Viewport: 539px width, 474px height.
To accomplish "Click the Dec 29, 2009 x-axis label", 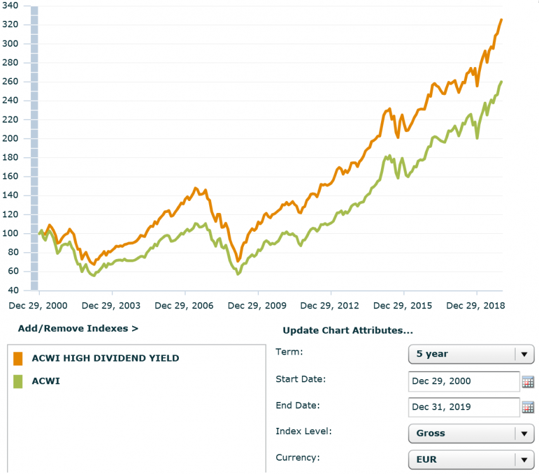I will pyautogui.click(x=257, y=306).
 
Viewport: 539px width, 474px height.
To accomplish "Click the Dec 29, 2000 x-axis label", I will pyautogui.click(x=38, y=306).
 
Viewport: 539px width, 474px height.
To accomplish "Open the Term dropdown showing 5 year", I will pyautogui.click(x=471, y=354).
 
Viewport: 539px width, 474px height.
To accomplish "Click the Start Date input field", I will pyautogui.click(x=464, y=381).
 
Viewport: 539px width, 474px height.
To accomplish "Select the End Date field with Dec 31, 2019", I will pyautogui.click(x=464, y=407).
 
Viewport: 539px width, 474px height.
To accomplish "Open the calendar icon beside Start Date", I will pyautogui.click(x=528, y=381).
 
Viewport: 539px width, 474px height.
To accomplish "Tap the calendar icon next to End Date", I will pyautogui.click(x=528, y=407).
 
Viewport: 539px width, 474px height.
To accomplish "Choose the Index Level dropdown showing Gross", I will pyautogui.click(x=471, y=434).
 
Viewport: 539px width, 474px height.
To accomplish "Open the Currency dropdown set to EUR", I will pyautogui.click(x=471, y=459).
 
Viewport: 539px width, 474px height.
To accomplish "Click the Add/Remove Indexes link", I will pyautogui.click(x=78, y=329).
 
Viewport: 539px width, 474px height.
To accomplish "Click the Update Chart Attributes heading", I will pyautogui.click(x=348, y=331).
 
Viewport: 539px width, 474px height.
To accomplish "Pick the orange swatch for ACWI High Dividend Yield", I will pyautogui.click(x=18, y=358).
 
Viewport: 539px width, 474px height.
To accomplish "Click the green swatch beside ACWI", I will pyautogui.click(x=18, y=381).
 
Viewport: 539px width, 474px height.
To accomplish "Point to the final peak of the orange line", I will pyautogui.click(x=501, y=20).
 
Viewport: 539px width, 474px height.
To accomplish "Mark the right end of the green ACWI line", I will pyautogui.click(x=502, y=82).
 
